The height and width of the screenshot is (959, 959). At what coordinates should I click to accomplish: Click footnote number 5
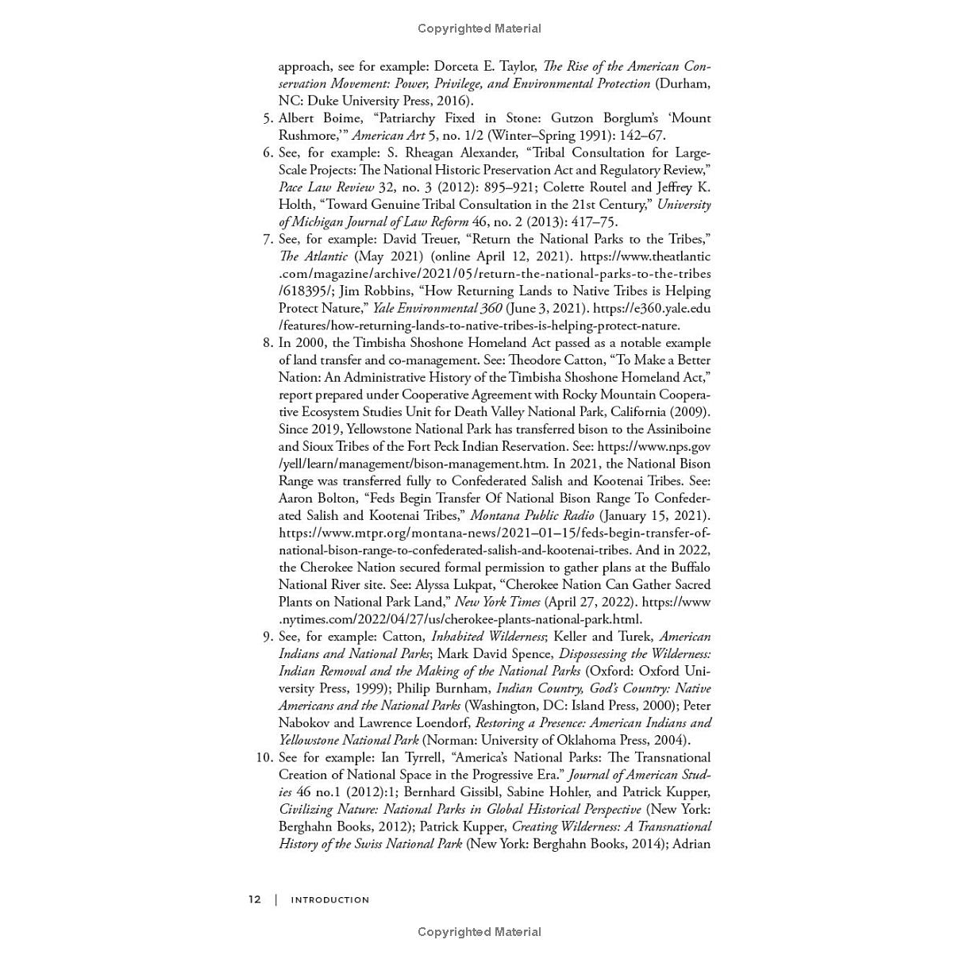click(x=268, y=118)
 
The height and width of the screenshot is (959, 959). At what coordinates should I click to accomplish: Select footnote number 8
click(x=268, y=343)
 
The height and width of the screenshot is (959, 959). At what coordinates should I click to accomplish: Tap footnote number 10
click(x=264, y=757)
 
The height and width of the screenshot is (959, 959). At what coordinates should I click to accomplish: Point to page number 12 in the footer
click(x=254, y=899)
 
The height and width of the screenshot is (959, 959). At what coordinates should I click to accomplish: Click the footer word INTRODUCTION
click(x=330, y=900)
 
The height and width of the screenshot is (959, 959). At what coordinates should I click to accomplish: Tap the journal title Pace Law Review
click(x=326, y=187)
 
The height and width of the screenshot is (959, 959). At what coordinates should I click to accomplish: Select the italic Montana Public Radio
click(x=532, y=516)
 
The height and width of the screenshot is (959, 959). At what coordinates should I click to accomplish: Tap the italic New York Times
click(x=497, y=603)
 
